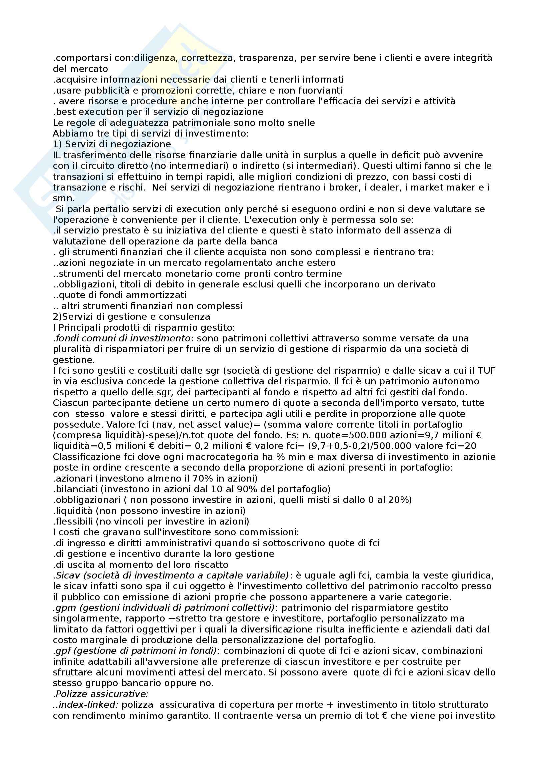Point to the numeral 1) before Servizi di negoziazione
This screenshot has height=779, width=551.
click(57, 144)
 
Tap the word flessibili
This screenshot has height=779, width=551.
click(71, 521)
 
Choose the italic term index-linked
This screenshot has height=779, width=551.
click(89, 705)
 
